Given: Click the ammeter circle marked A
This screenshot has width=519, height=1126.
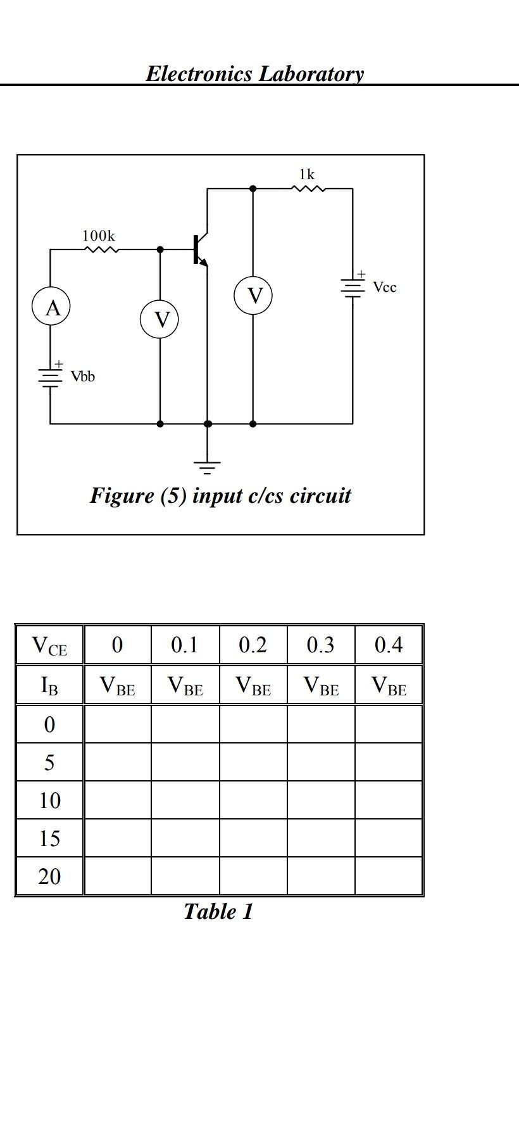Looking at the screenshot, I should pos(51,308).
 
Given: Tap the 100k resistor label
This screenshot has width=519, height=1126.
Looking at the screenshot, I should pos(99,236).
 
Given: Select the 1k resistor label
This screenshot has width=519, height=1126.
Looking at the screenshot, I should pos(307,174).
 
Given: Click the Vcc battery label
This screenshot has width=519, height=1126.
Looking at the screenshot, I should pos(384,288).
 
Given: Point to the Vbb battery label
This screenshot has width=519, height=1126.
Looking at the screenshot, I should pos(83,377).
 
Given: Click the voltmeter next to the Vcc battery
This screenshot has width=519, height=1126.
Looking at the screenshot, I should pos(253,296).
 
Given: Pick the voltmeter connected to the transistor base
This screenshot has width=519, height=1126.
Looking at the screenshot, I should pos(159,320).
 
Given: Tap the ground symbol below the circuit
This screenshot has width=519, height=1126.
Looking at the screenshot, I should pos(207,467).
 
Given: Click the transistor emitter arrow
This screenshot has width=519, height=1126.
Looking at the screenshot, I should pos(203,262).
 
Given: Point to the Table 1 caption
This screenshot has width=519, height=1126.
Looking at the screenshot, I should pos(218,912).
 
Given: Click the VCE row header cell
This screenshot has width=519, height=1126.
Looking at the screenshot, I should pos(49,645).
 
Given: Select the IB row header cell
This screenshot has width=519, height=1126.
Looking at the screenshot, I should pos(49,685).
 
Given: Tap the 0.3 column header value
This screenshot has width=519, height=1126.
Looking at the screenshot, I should pos(320,645).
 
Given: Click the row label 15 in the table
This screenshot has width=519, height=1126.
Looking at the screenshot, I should pos(49,838).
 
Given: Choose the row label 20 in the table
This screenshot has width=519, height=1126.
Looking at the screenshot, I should pos(49,876).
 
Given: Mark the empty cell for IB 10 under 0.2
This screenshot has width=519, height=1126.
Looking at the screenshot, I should pos(253,800).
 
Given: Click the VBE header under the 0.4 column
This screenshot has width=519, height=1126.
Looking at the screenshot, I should pos(389,685).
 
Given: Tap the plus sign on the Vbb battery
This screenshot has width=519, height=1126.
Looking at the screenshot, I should pos(58,364).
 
